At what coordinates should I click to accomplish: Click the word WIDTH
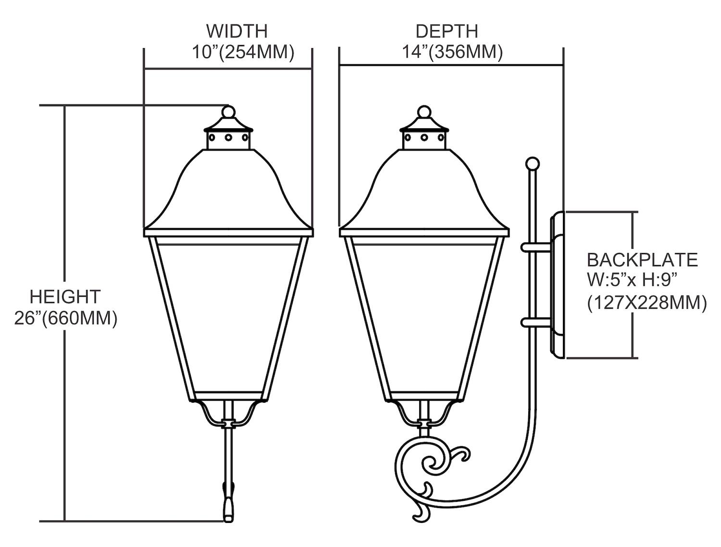(237, 31)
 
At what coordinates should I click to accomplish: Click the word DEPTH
(447, 31)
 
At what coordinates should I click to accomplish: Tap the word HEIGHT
(65, 297)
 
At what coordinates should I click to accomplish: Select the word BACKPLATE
(642, 260)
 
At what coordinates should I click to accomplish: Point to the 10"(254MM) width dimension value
(243, 52)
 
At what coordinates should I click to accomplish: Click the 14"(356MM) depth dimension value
(452, 52)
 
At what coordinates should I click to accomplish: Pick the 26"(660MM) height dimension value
(66, 318)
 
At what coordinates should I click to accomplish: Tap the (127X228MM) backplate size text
(647, 302)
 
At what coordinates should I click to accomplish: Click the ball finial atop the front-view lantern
(228, 112)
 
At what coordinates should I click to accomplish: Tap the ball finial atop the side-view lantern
(424, 112)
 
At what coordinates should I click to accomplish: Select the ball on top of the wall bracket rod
(533, 164)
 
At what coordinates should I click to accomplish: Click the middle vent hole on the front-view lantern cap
(228, 137)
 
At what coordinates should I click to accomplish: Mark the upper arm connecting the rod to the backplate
(536, 247)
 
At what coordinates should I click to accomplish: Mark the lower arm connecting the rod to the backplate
(536, 323)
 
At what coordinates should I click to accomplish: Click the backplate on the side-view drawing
(558, 285)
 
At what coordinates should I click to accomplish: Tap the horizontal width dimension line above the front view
(228, 69)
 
